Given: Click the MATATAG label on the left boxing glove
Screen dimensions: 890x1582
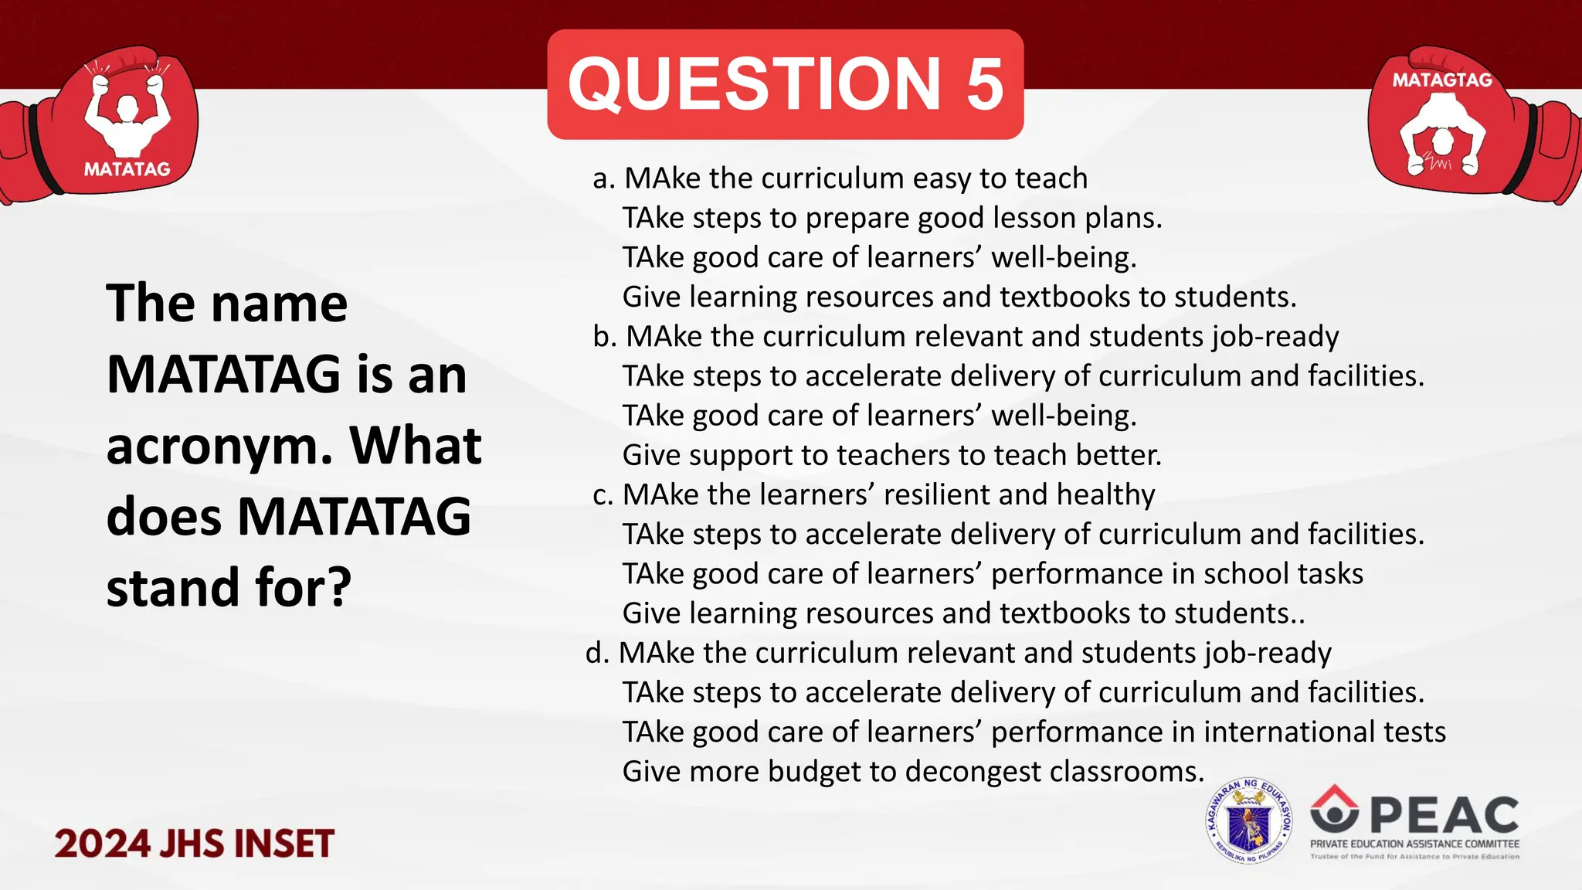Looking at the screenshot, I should pos(127,169).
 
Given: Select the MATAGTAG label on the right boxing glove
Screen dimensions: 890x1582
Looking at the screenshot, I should pos(1442,80).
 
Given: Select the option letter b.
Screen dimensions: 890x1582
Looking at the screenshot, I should pos(603,337).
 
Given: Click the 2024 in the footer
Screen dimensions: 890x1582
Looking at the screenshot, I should pos(101,843).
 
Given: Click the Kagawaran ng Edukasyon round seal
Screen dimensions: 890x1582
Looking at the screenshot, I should pos(1249,821).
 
